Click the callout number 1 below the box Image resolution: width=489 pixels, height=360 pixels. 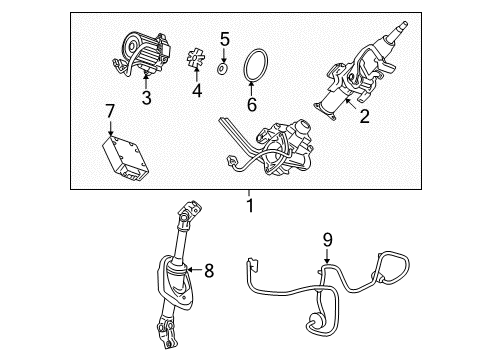tap(250, 206)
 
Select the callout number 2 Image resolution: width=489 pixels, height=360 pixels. tap(364, 116)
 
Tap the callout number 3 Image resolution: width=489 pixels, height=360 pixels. tap(146, 98)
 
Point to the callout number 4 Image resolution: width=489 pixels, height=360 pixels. tap(197, 90)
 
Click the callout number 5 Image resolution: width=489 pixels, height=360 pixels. tap(225, 39)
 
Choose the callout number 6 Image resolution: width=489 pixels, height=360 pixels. tap(252, 104)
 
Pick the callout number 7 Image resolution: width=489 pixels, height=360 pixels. tap(110, 111)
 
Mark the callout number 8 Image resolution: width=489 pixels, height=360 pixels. tap(209, 270)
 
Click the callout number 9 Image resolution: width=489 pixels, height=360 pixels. tap(327, 240)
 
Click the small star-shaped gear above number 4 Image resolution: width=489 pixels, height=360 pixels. tap(195, 59)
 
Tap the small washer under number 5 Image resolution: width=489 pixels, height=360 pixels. tap(222, 68)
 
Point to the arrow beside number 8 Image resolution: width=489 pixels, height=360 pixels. tap(195, 269)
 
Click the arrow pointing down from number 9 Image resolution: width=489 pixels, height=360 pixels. tap(327, 256)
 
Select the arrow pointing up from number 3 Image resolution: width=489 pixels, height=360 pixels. tap(145, 81)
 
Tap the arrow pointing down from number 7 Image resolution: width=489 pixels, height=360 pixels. tap(110, 128)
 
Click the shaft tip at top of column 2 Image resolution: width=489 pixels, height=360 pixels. tap(404, 25)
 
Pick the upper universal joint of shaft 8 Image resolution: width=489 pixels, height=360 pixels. tap(189, 213)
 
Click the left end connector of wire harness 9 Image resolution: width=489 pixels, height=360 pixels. tap(252, 265)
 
